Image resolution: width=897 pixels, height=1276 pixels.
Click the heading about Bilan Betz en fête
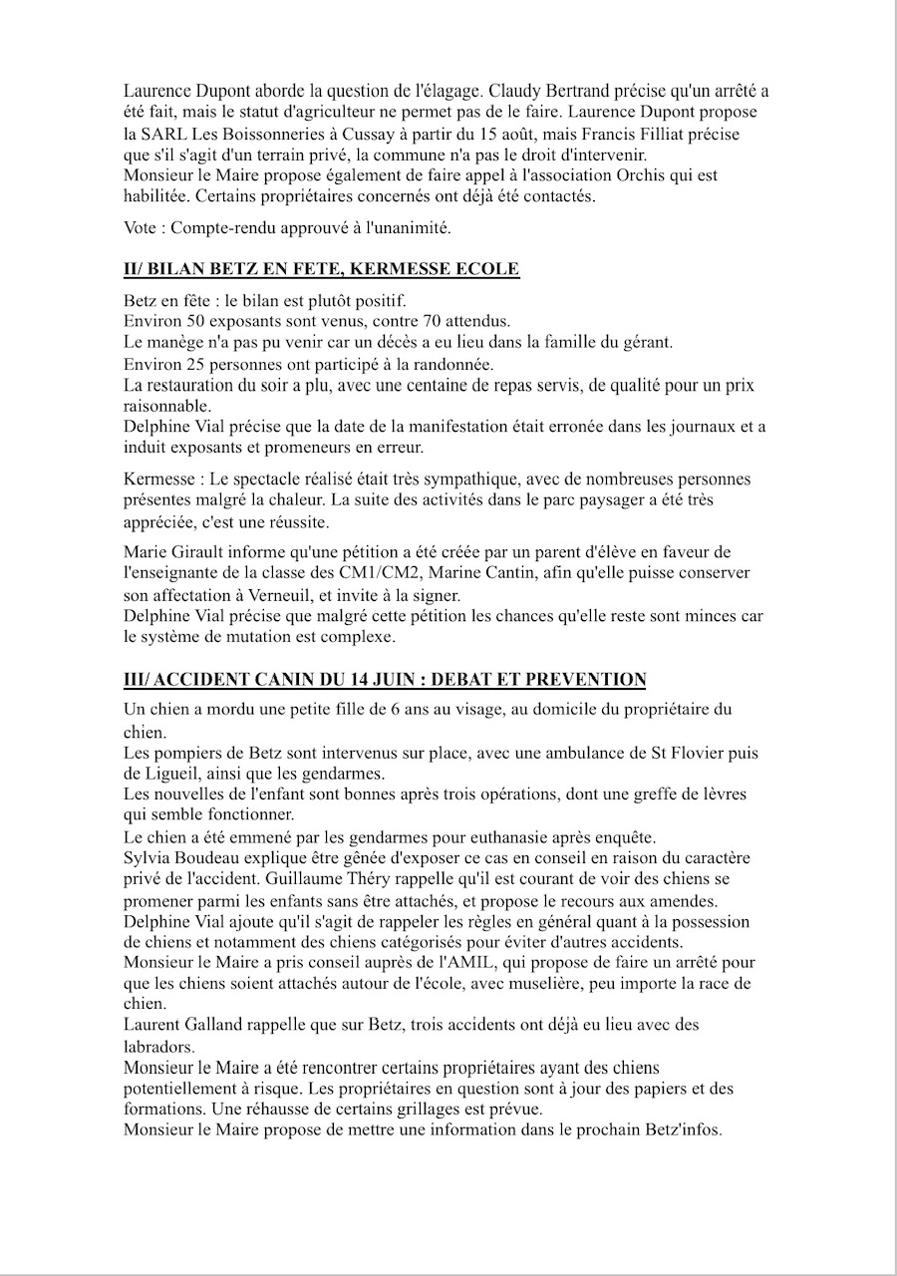321,270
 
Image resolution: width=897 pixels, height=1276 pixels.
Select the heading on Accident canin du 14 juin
385,680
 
